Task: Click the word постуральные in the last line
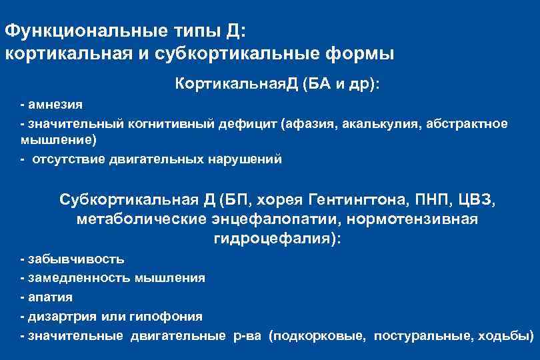[421, 336]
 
